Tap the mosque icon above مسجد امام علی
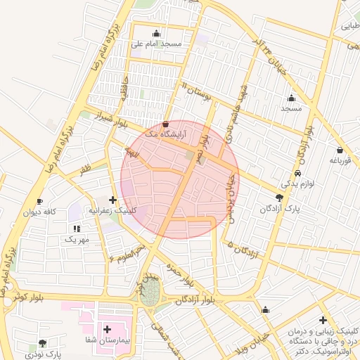coord(156,33)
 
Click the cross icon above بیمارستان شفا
coord(107,329)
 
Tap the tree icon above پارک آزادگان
coord(280,198)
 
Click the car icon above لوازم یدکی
coord(298,173)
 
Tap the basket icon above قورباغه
coord(340,150)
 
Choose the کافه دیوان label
coord(39,212)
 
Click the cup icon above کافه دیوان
coord(39,201)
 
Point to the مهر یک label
coord(77,239)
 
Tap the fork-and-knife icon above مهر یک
coord(77,229)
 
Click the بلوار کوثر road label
coord(28,297)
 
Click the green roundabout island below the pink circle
coord(148,295)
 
